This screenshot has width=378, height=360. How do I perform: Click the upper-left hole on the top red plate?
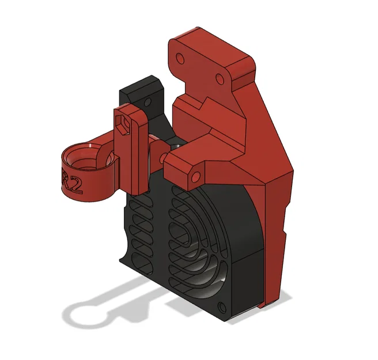click(180, 59)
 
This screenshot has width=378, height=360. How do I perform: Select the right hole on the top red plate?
click(219, 78)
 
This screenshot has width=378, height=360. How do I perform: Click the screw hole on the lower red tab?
click(194, 176)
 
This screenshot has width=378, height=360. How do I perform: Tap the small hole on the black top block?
click(152, 103)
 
